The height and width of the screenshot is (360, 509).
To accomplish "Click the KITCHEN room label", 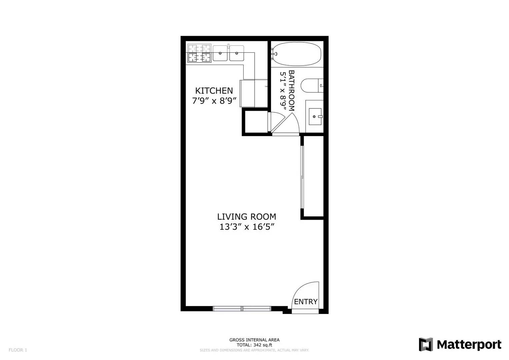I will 214,91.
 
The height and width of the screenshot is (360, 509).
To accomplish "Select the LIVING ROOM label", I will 247,217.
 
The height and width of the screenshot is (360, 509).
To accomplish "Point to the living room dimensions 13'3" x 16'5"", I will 247,227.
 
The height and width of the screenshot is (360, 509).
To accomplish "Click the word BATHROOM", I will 291,90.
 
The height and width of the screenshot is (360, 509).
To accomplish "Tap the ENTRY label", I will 306,302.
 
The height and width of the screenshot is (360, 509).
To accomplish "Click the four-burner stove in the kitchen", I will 199,53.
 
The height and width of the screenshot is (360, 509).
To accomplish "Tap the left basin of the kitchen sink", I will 220,53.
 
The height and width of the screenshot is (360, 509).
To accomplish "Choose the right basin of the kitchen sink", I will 236,53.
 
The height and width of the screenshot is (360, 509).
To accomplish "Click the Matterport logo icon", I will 426,344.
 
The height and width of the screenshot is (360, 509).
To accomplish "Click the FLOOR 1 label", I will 18,350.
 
